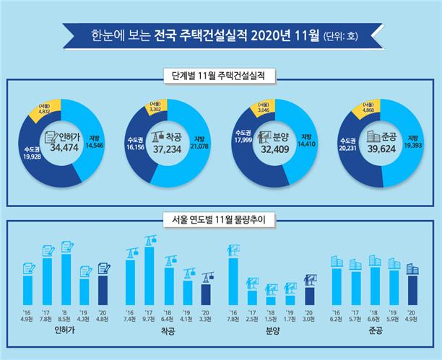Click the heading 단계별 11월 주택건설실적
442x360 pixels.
220,74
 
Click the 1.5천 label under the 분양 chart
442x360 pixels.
271,315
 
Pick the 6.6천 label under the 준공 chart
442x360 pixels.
374,315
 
